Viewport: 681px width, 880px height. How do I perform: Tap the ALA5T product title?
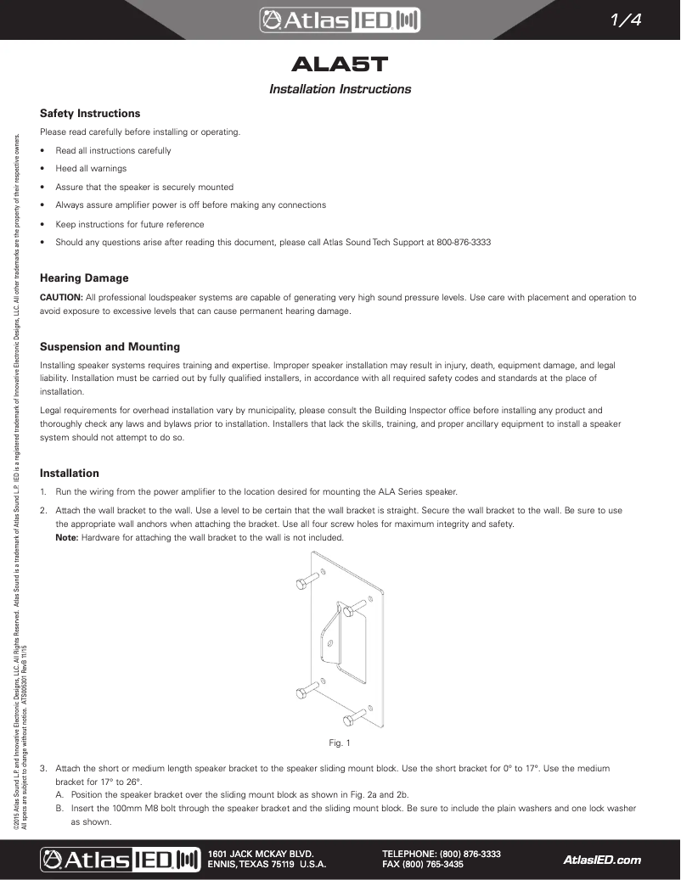(x=340, y=64)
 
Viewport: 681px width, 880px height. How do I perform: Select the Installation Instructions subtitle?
(x=340, y=89)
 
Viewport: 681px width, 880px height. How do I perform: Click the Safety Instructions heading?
(x=90, y=113)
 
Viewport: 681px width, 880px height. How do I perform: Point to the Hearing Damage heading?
(x=84, y=277)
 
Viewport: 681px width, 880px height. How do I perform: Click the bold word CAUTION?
(x=61, y=297)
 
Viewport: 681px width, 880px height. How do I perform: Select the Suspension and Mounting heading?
(x=110, y=346)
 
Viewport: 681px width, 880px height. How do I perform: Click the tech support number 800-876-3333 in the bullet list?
(x=464, y=242)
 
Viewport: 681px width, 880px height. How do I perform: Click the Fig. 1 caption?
(x=340, y=743)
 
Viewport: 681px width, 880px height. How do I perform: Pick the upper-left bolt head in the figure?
(x=302, y=584)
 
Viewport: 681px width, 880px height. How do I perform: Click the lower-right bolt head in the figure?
(x=350, y=720)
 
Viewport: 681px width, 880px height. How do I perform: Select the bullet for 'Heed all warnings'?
(x=42, y=169)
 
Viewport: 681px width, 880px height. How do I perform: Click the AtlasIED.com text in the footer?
(x=602, y=860)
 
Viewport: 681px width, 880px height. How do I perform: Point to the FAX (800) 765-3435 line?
(x=423, y=865)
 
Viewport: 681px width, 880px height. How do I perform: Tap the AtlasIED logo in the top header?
(x=340, y=20)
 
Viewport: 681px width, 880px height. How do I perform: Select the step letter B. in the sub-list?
(x=60, y=808)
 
